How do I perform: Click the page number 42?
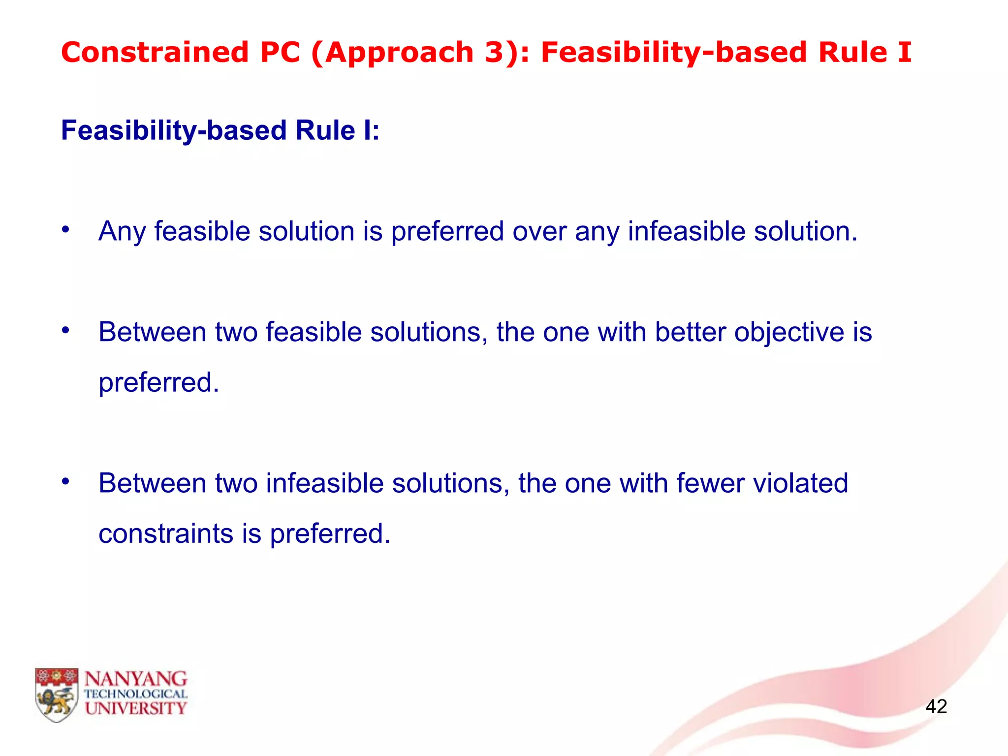click(936, 706)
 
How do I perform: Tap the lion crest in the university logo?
click(57, 694)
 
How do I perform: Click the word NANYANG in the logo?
click(136, 679)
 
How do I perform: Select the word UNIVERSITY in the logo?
click(136, 708)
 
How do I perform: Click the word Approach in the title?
click(399, 53)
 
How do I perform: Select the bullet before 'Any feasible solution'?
click(65, 229)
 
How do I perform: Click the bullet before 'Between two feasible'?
click(65, 330)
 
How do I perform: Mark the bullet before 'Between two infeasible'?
click(65, 481)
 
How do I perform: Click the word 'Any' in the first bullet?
click(122, 231)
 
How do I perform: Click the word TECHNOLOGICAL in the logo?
click(136, 694)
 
